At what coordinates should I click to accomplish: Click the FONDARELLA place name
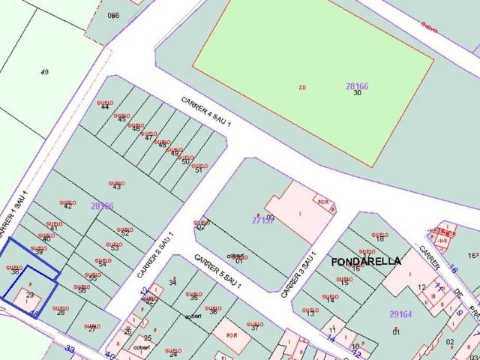point(366,262)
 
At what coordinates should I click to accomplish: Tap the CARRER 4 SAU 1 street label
point(206,112)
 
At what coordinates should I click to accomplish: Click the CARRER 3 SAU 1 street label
point(295,277)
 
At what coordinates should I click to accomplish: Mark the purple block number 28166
point(356,86)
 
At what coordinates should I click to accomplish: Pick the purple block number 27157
point(262,220)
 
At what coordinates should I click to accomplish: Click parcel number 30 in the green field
point(358,93)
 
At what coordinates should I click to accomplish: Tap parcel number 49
point(44,72)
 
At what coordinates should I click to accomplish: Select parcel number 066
point(113,15)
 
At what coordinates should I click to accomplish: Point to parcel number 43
point(116,186)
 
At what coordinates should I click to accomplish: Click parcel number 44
point(104,107)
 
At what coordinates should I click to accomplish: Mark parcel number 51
point(199,170)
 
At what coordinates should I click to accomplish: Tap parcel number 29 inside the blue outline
point(30,295)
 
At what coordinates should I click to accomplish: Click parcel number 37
point(254,327)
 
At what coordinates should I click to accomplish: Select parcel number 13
point(310,313)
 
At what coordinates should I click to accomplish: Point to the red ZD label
point(302,88)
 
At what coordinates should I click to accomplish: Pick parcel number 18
point(379,238)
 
